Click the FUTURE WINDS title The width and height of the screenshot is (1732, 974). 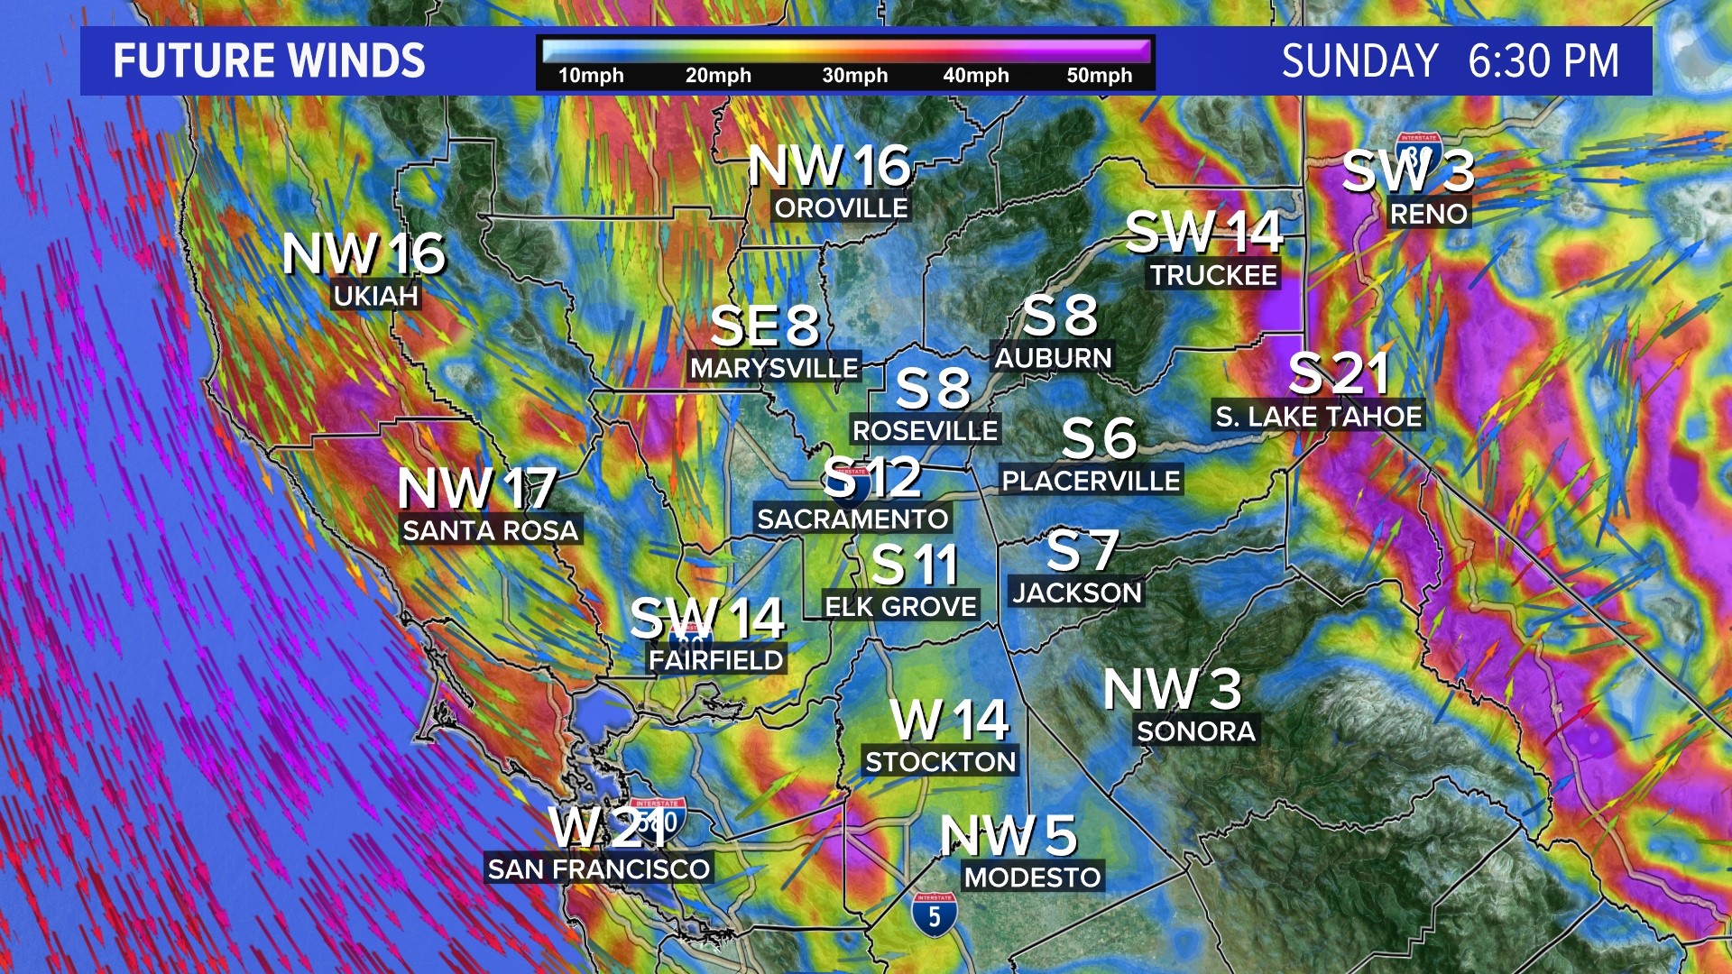[x=269, y=61]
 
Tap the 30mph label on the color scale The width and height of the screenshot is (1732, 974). [x=854, y=76]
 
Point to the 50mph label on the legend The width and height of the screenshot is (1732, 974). [x=1099, y=76]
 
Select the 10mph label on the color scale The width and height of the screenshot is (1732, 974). [x=591, y=76]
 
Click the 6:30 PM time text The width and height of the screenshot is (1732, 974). [x=1543, y=61]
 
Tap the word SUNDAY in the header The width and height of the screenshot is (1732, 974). [x=1359, y=61]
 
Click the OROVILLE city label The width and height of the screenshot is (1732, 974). [x=841, y=208]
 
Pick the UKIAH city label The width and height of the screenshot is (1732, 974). [x=375, y=296]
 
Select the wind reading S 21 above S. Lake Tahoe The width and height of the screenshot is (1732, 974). [x=1339, y=372]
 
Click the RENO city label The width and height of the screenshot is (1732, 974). [x=1429, y=215]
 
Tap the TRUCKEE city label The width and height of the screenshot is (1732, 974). [x=1213, y=275]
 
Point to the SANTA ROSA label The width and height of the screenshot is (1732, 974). [x=490, y=530]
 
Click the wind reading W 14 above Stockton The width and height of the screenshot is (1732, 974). [x=949, y=720]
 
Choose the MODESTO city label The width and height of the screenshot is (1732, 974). [x=1032, y=878]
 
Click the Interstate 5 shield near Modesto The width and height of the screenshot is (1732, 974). [x=934, y=914]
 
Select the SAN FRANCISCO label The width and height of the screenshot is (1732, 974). [x=599, y=869]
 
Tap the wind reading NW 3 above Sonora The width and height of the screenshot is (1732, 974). [x=1172, y=689]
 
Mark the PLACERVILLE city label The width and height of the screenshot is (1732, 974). [x=1091, y=482]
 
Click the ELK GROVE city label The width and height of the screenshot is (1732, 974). [x=900, y=607]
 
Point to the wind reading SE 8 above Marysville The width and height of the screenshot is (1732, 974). [x=764, y=326]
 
